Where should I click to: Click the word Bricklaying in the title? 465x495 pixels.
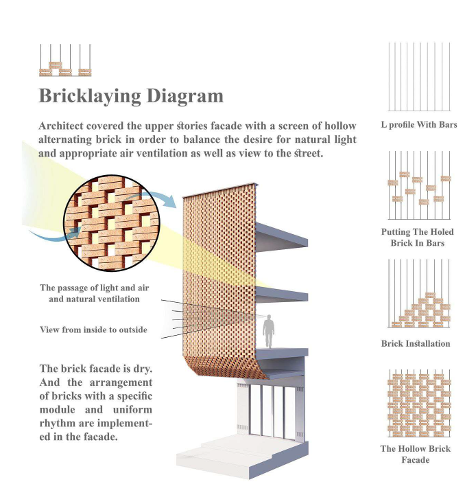tap(90, 96)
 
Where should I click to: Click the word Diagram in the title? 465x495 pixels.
tap(185, 96)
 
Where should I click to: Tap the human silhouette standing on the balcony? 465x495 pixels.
tap(268, 331)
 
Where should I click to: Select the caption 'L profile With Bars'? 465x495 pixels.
tap(419, 125)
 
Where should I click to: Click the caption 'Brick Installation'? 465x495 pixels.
tap(416, 343)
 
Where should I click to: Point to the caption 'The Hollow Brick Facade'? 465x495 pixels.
tap(416, 454)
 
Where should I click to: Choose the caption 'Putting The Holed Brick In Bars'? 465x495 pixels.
tap(418, 238)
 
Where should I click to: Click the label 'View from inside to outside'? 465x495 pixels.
tap(93, 330)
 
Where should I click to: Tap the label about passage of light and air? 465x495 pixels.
tap(94, 293)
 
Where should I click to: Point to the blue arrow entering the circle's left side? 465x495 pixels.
tap(54, 234)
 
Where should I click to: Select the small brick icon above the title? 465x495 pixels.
tap(65, 60)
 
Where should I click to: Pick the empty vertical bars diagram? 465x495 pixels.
tap(419, 77)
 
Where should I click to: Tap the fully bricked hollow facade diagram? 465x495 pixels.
tap(419, 404)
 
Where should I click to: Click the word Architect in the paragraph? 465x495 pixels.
tap(62, 126)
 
